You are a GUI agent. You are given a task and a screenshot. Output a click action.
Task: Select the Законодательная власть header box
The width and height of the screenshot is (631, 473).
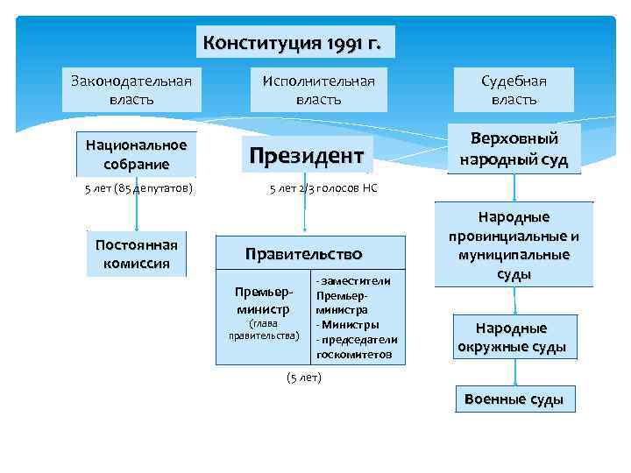(131, 89)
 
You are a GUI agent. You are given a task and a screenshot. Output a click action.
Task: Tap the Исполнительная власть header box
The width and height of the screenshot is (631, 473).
(318, 89)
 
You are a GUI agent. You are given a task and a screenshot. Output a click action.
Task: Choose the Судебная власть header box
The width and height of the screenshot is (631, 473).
(514, 89)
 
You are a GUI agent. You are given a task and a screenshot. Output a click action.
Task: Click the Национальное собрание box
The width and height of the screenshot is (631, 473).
(136, 154)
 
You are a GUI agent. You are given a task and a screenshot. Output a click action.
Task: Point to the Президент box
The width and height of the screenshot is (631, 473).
(305, 156)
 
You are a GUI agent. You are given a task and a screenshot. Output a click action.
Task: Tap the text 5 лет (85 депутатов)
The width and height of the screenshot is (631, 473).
(138, 188)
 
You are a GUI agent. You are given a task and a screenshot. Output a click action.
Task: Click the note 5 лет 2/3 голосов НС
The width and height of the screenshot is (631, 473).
(323, 188)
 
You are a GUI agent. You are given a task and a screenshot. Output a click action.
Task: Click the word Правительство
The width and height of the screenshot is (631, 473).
(303, 255)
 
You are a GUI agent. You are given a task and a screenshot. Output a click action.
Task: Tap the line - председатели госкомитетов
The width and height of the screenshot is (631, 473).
(357, 347)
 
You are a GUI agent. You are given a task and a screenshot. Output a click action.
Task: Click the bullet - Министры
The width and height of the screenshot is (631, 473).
(348, 324)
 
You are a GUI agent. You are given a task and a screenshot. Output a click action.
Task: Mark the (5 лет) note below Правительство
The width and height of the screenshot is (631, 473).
(304, 378)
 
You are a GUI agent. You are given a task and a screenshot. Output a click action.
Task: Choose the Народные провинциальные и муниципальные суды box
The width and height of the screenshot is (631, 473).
(514, 244)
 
